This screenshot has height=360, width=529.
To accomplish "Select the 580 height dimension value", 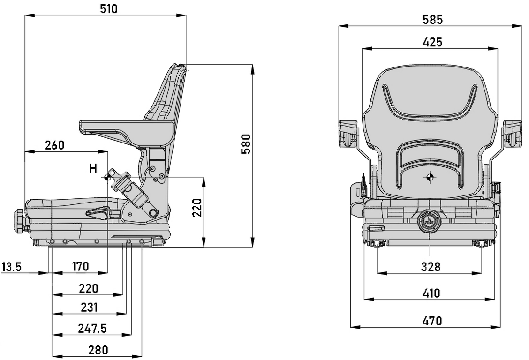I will [246, 144].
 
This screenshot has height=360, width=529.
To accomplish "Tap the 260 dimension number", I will [55, 145].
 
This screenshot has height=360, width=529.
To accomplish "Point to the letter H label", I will [93, 168].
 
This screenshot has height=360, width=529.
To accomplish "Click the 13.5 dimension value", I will [11, 267].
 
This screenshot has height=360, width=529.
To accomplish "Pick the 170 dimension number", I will [80, 267].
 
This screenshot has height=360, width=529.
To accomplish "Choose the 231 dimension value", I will [89, 307].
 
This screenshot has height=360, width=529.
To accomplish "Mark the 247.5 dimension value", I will [92, 329].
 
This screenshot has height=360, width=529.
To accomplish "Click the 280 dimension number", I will [98, 350].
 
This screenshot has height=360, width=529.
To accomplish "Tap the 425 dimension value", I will [432, 42].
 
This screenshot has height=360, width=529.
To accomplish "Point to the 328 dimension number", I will [431, 267].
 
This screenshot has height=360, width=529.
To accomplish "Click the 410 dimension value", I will [431, 293].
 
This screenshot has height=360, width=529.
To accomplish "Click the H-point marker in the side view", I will [107, 177].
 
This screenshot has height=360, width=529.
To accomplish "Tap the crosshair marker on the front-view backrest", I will [430, 177].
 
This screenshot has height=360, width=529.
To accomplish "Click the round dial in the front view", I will [429, 221].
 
